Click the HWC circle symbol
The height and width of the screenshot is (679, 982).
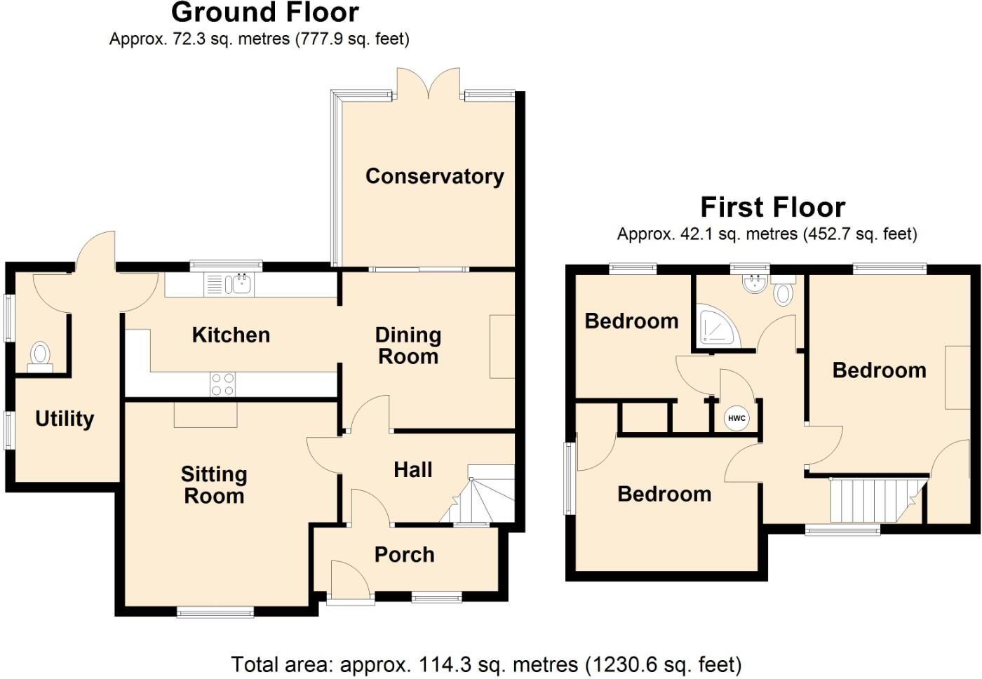click(x=736, y=419)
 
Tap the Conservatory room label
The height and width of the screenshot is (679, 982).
click(x=434, y=176)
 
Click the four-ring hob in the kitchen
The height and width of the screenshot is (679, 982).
click(x=223, y=384)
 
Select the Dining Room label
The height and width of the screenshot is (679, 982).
click(x=408, y=346)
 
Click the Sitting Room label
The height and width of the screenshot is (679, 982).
click(x=214, y=485)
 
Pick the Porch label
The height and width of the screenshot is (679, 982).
click(x=405, y=555)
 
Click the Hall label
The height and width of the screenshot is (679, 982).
click(x=412, y=470)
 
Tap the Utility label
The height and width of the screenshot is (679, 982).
click(x=65, y=419)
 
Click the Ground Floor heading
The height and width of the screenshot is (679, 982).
click(x=264, y=13)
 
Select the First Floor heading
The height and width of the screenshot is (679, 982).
click(x=772, y=208)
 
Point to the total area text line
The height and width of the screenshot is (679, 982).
click(x=486, y=664)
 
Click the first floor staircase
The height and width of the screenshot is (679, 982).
click(x=873, y=499)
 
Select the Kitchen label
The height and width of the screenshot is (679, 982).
click(x=231, y=335)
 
